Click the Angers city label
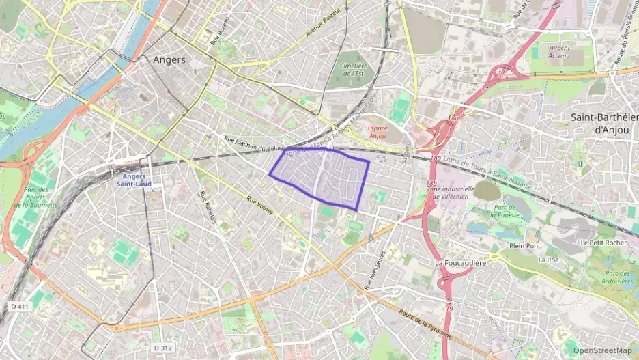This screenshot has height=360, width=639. (169, 59)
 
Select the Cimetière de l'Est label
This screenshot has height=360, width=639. (352, 69)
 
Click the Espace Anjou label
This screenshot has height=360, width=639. (378, 131)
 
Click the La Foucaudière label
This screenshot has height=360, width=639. (461, 262)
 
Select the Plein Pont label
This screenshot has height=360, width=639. (524, 245)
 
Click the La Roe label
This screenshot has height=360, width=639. (548, 260)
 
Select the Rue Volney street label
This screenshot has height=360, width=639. (260, 206)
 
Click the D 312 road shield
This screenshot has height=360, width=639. (162, 348)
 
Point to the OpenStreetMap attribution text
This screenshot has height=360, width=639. (602, 350)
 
